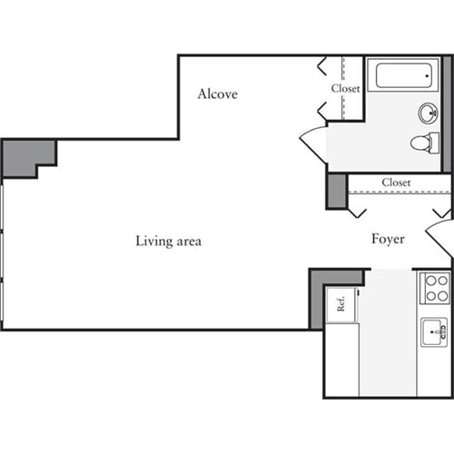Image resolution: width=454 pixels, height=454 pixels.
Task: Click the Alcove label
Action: [218, 94]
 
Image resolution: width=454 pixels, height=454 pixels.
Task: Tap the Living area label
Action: [169, 242]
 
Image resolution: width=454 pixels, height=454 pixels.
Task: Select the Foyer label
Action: [388, 239]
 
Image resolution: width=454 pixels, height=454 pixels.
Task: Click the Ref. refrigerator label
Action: [340, 303]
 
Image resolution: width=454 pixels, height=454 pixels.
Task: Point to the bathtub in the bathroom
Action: [403, 75]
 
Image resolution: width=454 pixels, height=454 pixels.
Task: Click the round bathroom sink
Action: [429, 113]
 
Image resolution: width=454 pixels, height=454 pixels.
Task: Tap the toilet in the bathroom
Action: [425, 143]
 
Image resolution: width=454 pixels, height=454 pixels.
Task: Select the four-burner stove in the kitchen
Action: [435, 288]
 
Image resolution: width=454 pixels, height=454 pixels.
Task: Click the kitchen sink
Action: [435, 332]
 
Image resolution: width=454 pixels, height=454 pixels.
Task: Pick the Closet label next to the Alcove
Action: [346, 88]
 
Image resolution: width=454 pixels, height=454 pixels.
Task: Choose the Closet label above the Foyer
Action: [396, 183]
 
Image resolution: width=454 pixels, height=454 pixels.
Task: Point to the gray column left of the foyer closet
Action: [337, 192]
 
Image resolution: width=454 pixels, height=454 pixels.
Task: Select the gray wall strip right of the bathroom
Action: [447, 114]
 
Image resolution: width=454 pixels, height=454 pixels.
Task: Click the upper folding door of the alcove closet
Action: [321, 66]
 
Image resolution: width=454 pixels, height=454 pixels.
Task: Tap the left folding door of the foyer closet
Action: [357, 212]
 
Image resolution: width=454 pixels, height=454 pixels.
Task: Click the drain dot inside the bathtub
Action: [427, 75]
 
